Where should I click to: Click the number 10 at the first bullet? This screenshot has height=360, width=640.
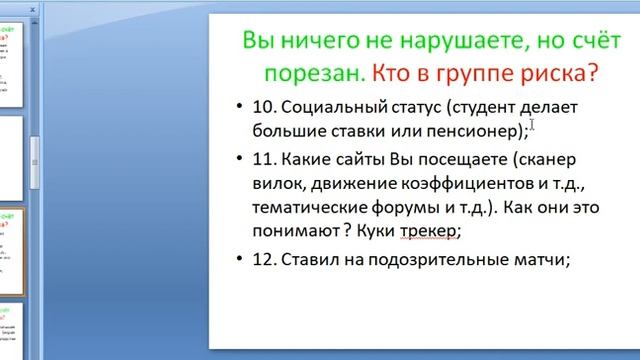tap(263, 107)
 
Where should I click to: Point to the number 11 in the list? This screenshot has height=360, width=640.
tap(263, 159)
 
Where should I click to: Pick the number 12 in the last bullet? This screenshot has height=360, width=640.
tap(263, 260)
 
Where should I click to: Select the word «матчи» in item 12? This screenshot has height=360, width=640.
tap(537, 260)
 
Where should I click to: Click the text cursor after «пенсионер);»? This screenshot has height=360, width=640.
tap(533, 125)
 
